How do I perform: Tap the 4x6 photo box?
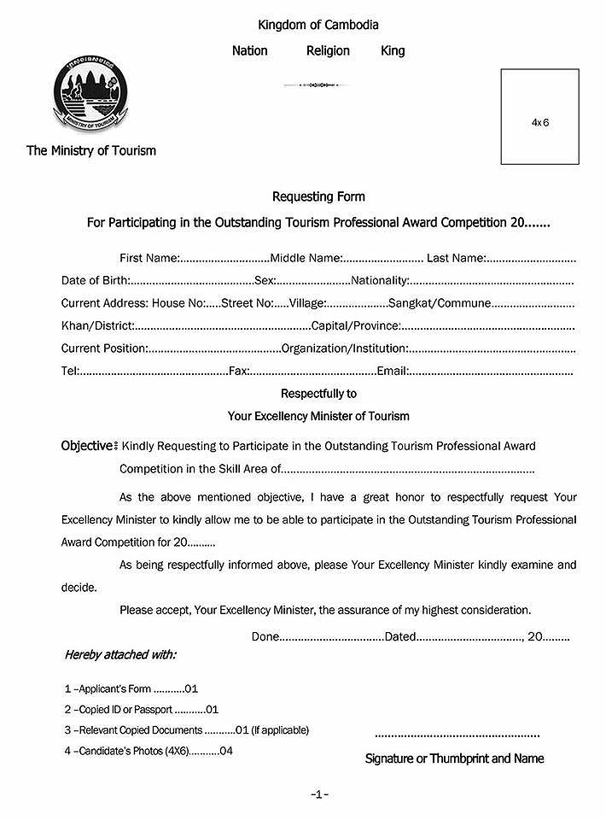tap(539, 117)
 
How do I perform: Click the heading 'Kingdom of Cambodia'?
tap(318, 26)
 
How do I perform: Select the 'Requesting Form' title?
tap(318, 196)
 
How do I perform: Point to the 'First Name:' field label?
tap(149, 257)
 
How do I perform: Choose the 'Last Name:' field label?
tap(457, 257)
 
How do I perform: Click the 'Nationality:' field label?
tap(381, 280)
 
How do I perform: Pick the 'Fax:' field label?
tap(239, 372)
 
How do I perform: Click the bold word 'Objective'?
tap(86, 445)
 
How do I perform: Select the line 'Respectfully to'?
tap(318, 394)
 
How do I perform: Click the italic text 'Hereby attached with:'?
tap(120, 655)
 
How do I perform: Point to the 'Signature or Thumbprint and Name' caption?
tap(454, 758)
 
